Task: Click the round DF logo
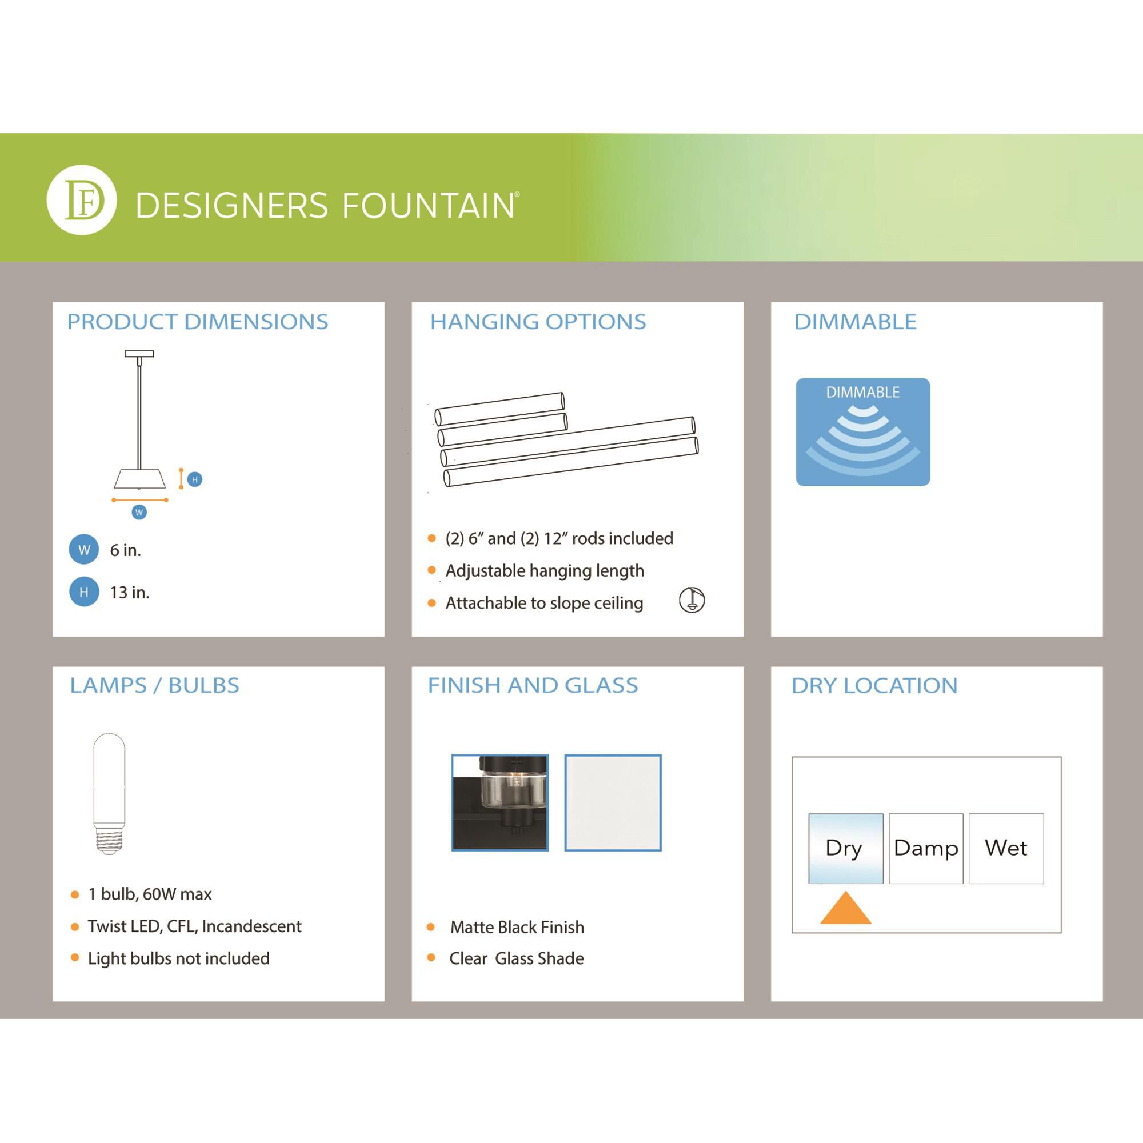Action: [82, 200]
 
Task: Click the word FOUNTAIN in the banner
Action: [430, 205]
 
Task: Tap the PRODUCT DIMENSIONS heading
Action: [197, 322]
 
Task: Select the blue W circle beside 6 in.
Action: [84, 550]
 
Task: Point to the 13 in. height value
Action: [130, 592]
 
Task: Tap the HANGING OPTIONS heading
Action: [538, 322]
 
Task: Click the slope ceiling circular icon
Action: [692, 600]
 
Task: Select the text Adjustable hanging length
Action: [545, 571]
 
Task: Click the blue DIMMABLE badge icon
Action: [862, 432]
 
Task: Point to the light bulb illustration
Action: [110, 793]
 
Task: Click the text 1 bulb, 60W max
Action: [150, 894]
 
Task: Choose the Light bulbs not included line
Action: [179, 958]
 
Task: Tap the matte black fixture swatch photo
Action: [500, 803]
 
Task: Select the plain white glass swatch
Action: [613, 803]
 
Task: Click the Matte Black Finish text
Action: [517, 927]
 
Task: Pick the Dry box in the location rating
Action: [845, 848]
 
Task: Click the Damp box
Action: [926, 848]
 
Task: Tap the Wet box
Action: [1006, 848]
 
